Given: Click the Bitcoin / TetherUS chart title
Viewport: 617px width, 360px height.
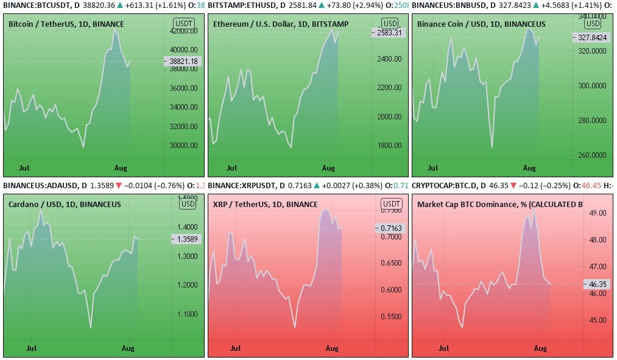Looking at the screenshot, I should point(66,24).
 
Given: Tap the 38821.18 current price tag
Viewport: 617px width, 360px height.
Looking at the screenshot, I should point(184,62).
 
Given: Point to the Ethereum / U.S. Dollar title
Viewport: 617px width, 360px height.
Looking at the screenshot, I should point(270,24).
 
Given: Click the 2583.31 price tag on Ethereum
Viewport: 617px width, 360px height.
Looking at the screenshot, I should point(389,33).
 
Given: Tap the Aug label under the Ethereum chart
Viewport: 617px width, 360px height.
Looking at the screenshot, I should point(328,168).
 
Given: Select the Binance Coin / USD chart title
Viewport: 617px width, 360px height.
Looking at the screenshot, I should point(481,24).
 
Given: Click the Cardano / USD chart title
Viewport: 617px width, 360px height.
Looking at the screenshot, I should point(65,204).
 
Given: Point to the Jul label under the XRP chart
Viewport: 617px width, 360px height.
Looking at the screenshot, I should point(235,348).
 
